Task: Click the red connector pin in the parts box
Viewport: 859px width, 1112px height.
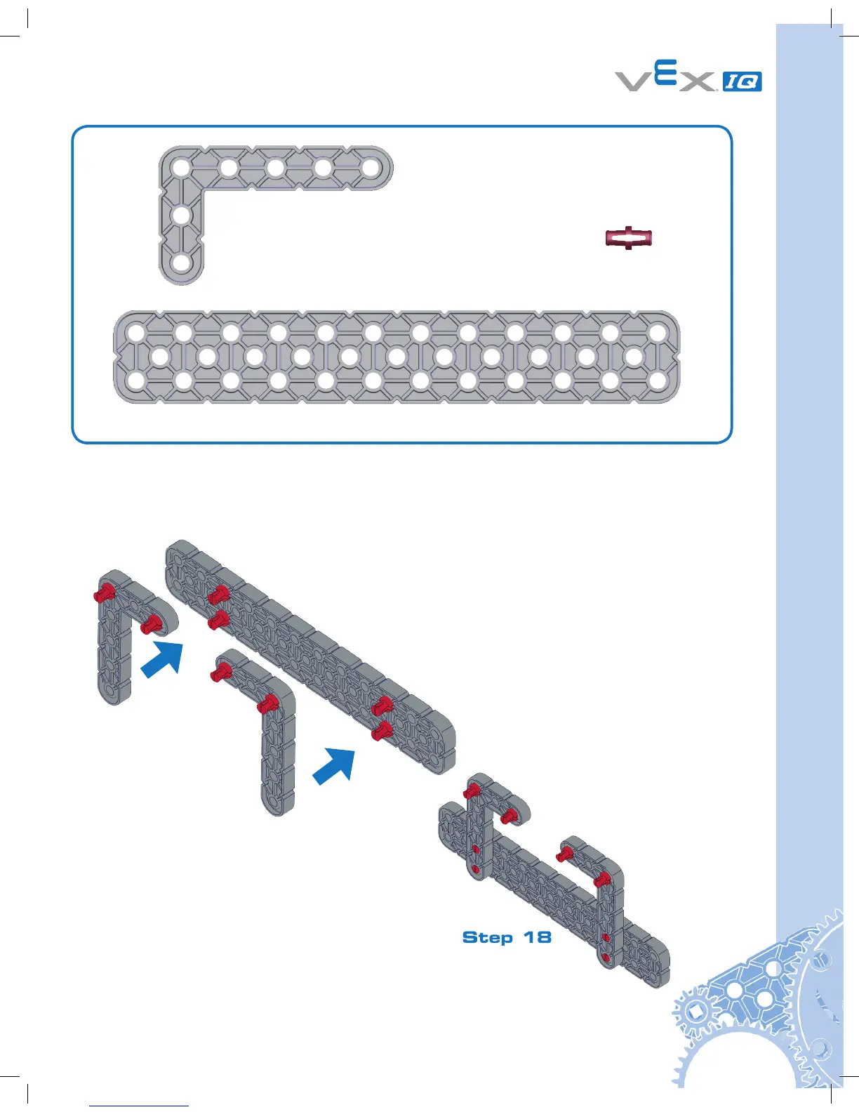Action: [x=629, y=239]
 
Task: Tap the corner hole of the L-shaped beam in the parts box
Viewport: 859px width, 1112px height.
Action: [x=181, y=168]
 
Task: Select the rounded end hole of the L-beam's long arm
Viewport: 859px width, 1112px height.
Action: [x=370, y=168]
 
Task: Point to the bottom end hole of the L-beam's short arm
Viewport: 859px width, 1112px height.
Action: [x=181, y=263]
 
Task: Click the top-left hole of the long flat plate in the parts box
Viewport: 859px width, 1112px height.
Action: [x=137, y=332]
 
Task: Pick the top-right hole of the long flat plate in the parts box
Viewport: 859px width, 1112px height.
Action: [x=658, y=332]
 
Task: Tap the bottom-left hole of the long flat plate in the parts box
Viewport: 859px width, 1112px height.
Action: [x=137, y=381]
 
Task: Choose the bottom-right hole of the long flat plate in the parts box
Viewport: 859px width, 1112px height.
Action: [x=658, y=381]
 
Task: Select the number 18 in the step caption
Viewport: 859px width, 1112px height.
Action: [x=537, y=937]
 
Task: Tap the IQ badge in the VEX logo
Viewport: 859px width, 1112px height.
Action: [x=742, y=81]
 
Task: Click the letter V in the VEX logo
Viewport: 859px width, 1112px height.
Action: [x=634, y=81]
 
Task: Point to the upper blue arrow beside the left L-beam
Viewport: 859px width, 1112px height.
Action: [x=162, y=660]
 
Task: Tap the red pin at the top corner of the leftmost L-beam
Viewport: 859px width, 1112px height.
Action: [x=105, y=593]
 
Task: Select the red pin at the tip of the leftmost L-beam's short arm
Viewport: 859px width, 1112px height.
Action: [x=152, y=624]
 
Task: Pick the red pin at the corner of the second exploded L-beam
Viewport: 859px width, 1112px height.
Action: [x=267, y=703]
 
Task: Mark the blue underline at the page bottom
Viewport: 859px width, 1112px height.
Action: [x=139, y=1106]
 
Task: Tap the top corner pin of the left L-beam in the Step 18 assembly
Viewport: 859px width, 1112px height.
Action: [x=471, y=791]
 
